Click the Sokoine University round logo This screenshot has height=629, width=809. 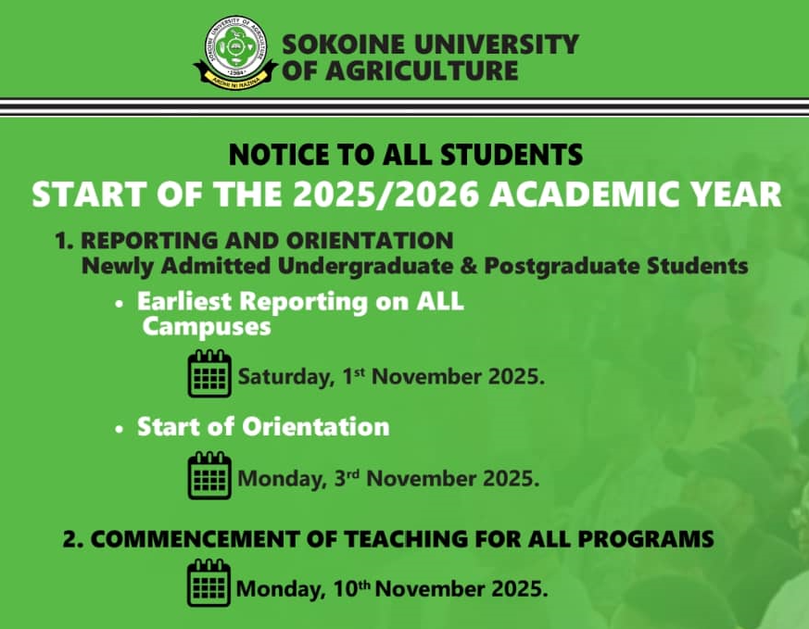235,52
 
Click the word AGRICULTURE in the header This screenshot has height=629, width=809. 422,70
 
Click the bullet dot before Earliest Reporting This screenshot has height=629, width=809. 120,304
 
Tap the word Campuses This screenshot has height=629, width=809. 207,327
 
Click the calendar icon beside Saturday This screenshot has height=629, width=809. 209,373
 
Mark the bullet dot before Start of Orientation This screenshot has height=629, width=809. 120,429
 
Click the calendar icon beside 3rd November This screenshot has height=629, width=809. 209,475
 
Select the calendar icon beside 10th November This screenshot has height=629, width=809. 209,583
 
